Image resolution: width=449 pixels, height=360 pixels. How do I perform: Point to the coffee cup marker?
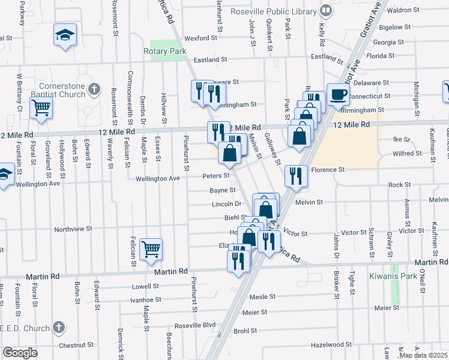pyautogui.click(x=338, y=94)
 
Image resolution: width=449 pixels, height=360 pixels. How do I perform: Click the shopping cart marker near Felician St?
pyautogui.click(x=151, y=248)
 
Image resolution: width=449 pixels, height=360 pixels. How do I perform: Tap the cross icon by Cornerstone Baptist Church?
pyautogui.click(x=93, y=89)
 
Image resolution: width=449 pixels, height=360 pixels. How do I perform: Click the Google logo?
pyautogui.click(x=20, y=353)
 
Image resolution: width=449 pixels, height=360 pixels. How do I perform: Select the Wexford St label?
pyautogui.click(x=200, y=38)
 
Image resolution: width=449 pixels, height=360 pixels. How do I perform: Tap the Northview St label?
pyautogui.click(x=73, y=229)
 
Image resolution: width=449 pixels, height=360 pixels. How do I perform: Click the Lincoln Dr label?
pyautogui.click(x=226, y=204)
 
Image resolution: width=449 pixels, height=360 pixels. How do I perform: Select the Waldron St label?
pyautogui.click(x=403, y=10)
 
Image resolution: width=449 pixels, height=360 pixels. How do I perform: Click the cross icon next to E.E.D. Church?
pyautogui.click(x=58, y=327)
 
